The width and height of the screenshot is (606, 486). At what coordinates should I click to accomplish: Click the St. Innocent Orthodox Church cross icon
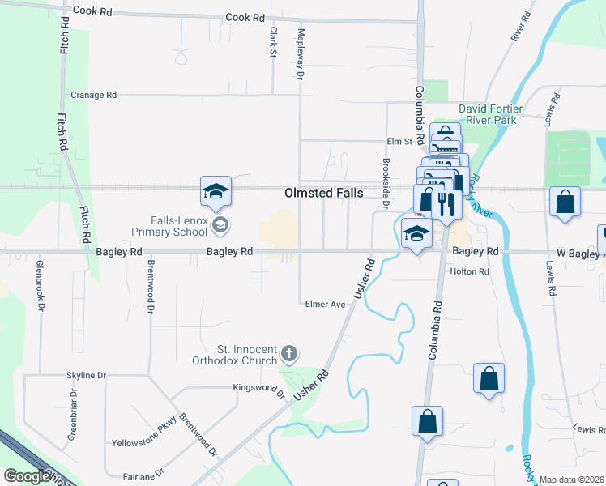click(289, 353)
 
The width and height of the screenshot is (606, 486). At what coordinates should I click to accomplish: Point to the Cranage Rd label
click(94, 95)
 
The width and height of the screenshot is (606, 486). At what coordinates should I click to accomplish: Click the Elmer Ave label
click(326, 305)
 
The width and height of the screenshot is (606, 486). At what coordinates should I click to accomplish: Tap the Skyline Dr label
click(86, 376)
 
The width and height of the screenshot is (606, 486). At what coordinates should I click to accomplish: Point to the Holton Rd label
click(470, 272)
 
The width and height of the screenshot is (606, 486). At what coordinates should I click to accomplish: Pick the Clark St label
click(273, 42)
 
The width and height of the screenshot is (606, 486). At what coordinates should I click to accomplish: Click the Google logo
click(26, 476)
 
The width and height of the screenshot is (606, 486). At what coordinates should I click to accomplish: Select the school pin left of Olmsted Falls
click(216, 191)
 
